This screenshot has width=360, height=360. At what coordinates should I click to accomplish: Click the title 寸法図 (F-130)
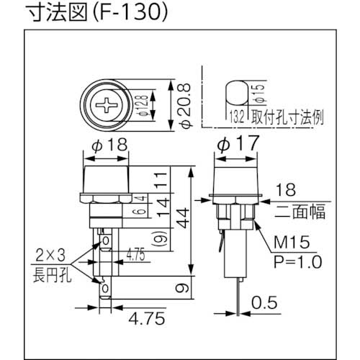pyautogui.click(x=86, y=12)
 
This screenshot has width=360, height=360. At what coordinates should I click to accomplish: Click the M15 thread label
pyautogui.click(x=292, y=244)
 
